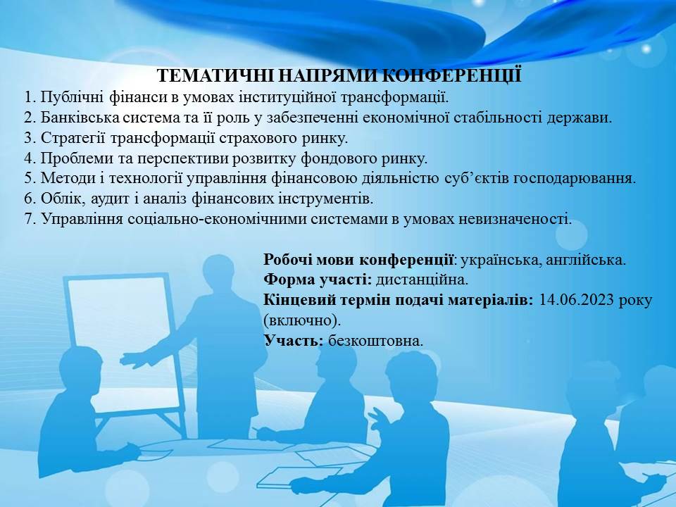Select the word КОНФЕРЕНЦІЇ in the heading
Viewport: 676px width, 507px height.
click(452, 75)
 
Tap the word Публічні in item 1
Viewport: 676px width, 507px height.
click(73, 97)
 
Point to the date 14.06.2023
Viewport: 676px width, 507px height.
click(576, 299)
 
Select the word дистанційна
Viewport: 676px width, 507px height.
click(422, 280)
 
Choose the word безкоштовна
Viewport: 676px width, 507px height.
click(375, 341)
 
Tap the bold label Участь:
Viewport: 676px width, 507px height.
click(294, 341)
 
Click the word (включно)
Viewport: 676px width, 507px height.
click(302, 320)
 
